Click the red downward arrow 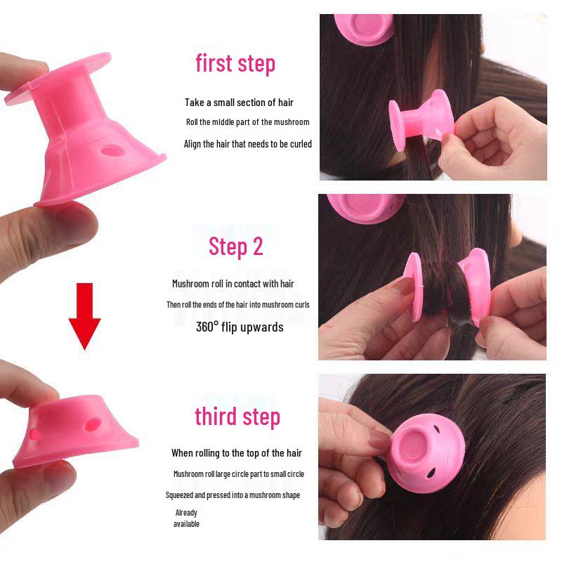[x=84, y=315]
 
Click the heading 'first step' [x=235, y=64]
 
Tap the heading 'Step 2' [x=236, y=247]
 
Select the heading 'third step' [x=237, y=417]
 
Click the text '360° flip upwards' [x=240, y=327]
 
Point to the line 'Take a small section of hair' [x=239, y=103]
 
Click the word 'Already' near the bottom [x=186, y=513]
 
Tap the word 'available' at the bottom [x=186, y=524]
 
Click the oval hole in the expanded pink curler [x=112, y=151]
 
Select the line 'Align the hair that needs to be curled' [x=248, y=144]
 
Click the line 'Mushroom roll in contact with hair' [x=233, y=284]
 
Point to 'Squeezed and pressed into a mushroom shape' [x=233, y=495]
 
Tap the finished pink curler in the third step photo [x=426, y=452]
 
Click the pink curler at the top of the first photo [x=363, y=29]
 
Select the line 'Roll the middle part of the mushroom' [x=248, y=122]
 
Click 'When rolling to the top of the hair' [x=237, y=453]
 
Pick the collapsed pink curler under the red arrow [x=75, y=432]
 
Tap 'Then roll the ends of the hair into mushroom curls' [x=238, y=305]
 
